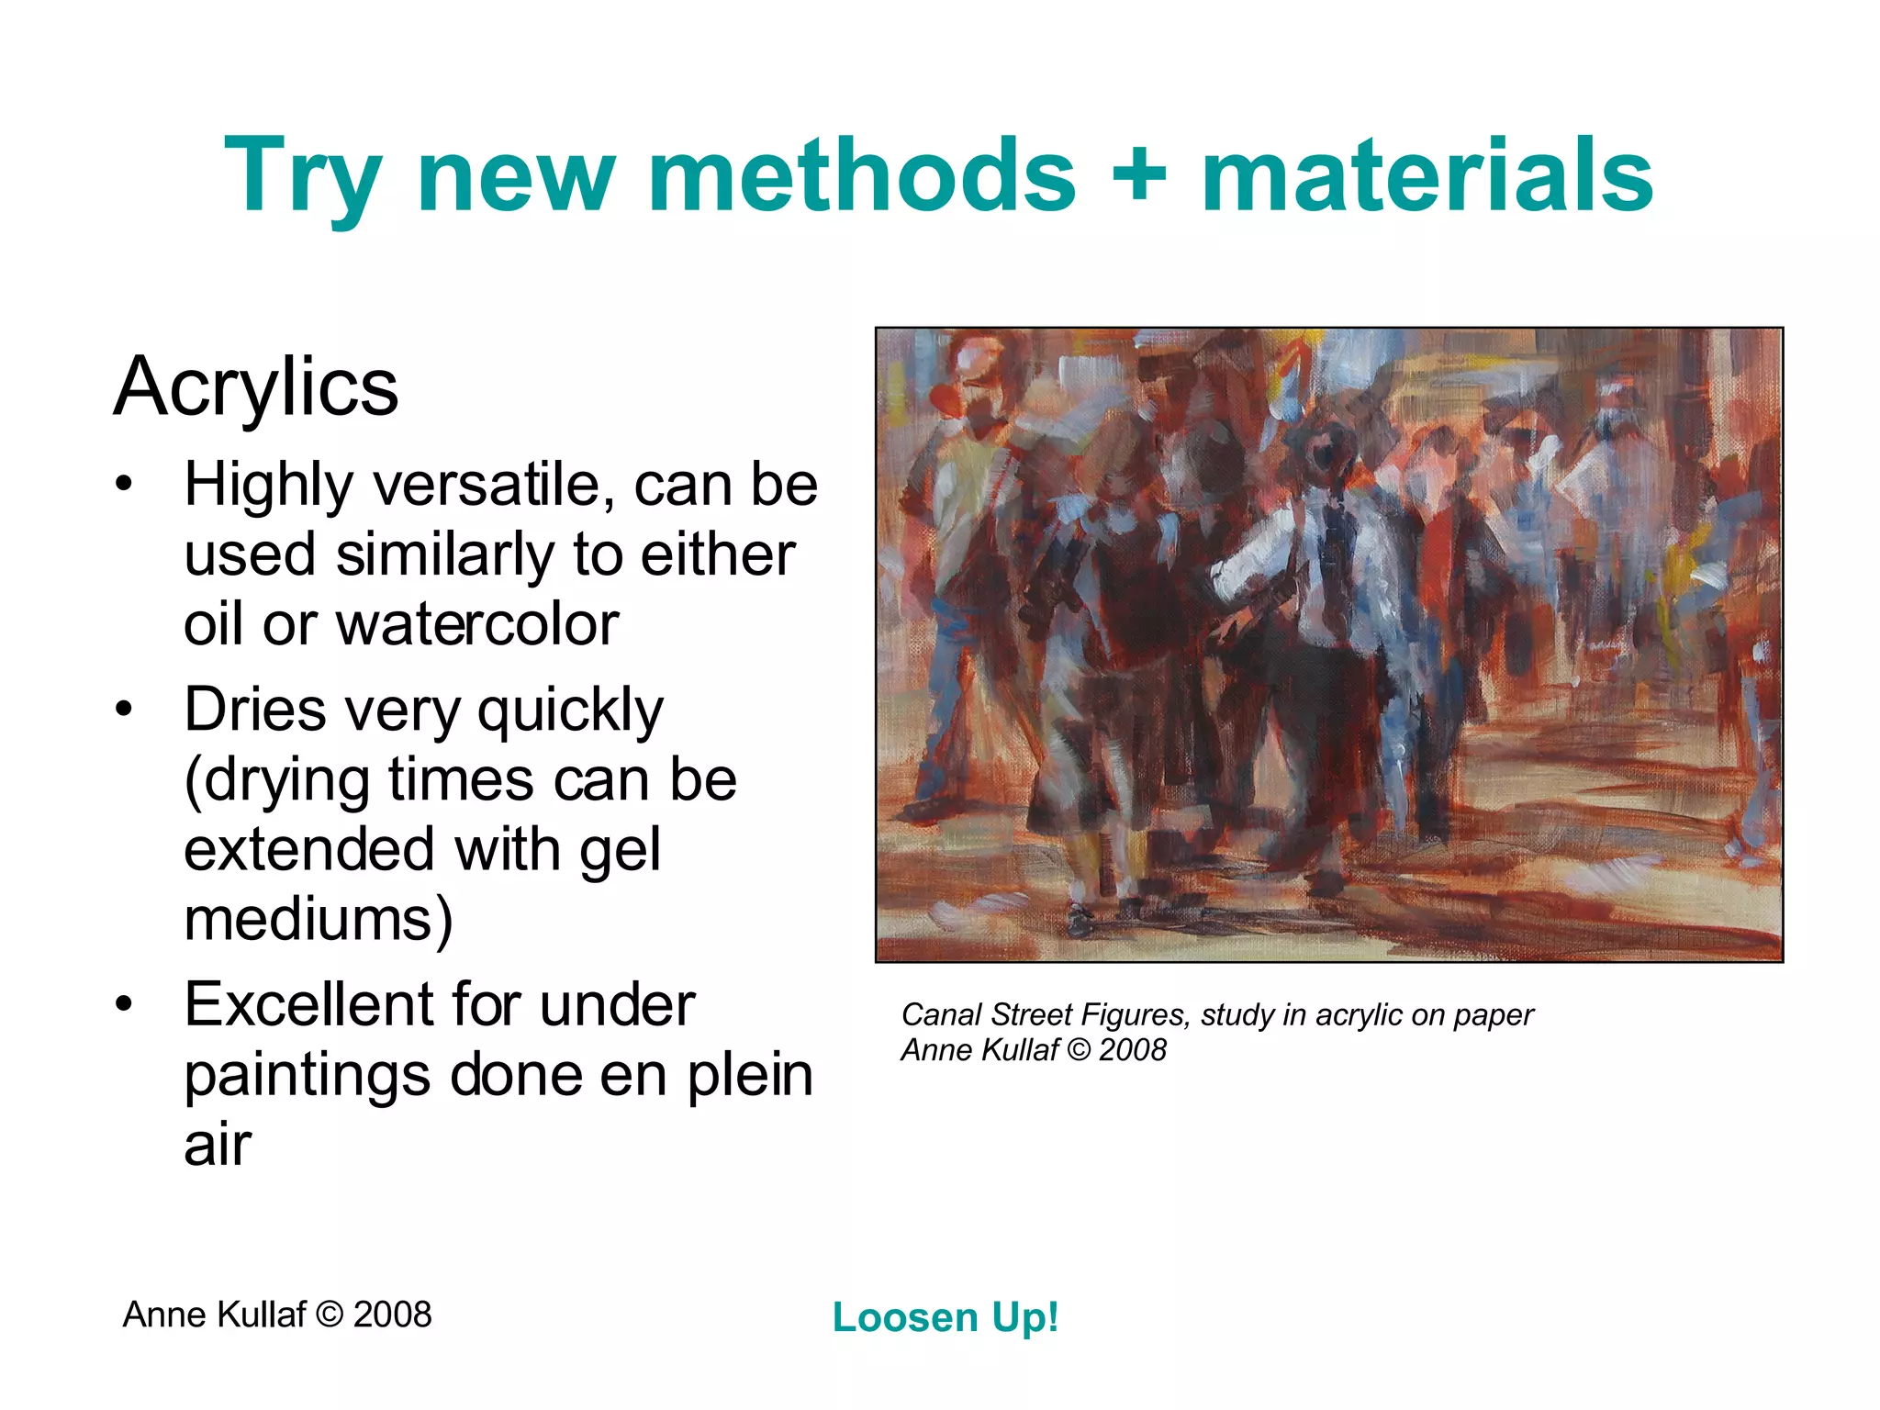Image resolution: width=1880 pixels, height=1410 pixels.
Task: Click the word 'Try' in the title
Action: point(303,176)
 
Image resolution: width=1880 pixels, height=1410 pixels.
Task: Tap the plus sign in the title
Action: point(1138,174)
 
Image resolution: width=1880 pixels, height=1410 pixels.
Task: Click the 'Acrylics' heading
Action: point(256,387)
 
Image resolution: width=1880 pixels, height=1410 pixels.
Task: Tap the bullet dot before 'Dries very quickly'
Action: point(125,710)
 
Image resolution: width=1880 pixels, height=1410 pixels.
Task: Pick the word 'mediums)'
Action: point(318,920)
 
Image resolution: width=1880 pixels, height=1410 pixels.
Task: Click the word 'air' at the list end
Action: point(218,1146)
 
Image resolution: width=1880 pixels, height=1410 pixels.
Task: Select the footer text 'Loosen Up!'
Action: point(946,1317)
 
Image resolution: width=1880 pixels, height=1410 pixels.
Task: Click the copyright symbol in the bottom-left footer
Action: point(329,1315)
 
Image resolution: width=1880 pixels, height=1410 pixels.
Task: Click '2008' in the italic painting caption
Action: point(1132,1050)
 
